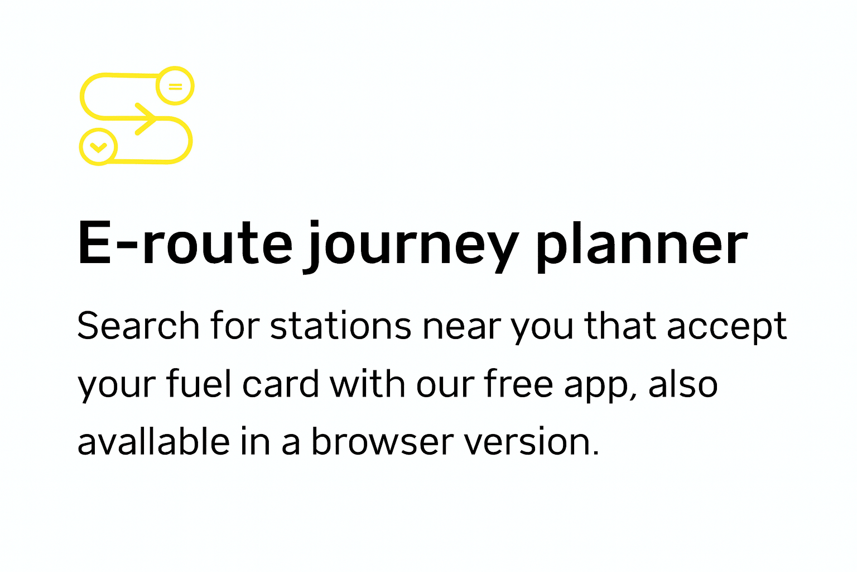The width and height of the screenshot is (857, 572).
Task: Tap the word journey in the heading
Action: [x=411, y=247]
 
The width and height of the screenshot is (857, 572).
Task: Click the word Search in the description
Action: [x=138, y=325]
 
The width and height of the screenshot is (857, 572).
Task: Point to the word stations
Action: [x=340, y=325]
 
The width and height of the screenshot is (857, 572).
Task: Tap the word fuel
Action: [x=199, y=383]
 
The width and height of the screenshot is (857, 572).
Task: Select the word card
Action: [x=281, y=383]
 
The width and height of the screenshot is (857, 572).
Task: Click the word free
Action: [x=518, y=383]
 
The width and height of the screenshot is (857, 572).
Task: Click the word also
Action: [x=683, y=383]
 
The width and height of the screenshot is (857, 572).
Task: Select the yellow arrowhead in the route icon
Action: [x=146, y=119]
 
